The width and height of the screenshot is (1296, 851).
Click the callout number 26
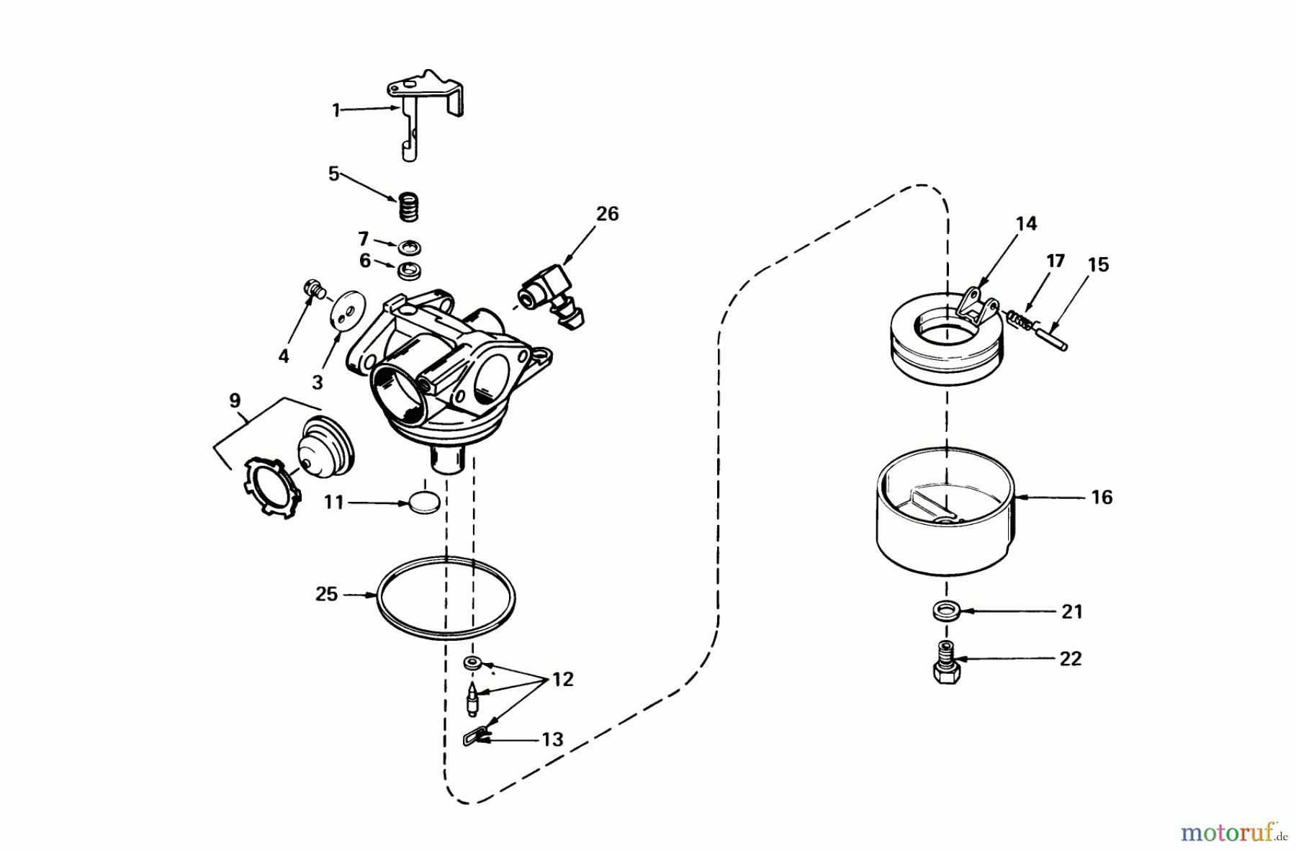(x=607, y=214)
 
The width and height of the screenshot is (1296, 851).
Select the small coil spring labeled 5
(x=409, y=209)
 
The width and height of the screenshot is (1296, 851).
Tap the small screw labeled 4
(x=312, y=289)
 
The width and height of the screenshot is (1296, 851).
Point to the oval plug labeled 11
(x=422, y=502)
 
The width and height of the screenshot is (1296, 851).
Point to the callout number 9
(x=235, y=401)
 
